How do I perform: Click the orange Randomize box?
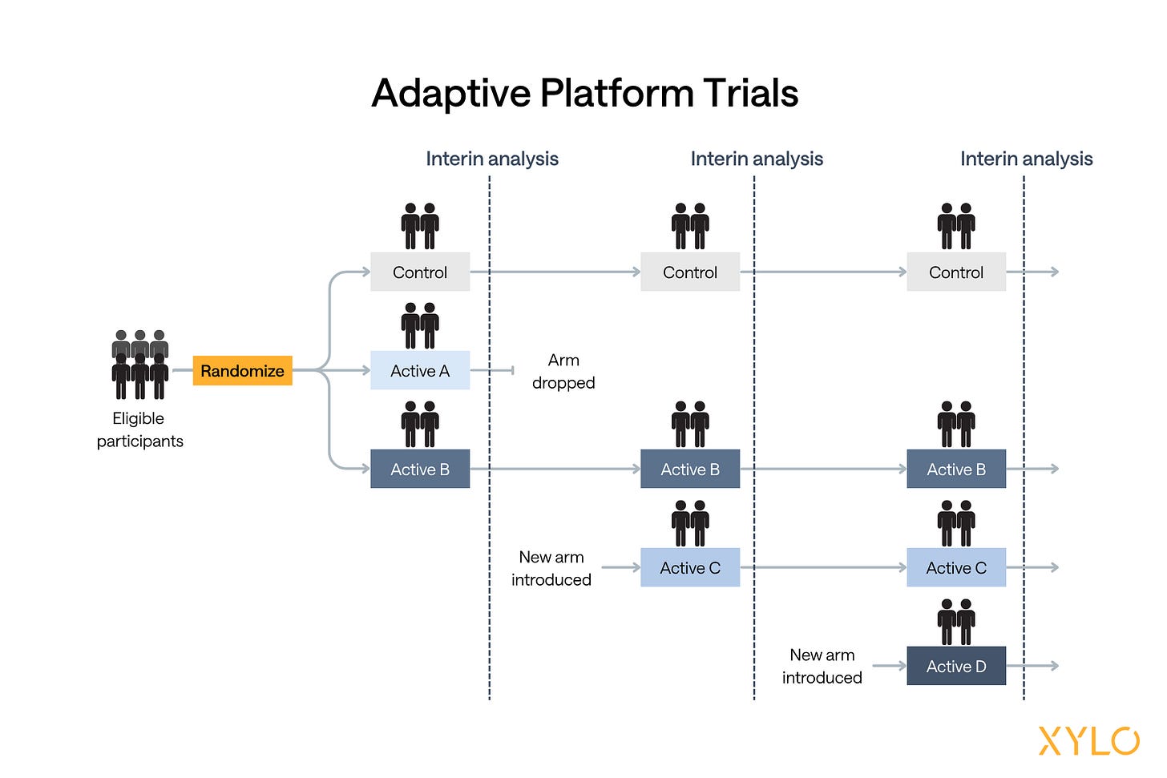(x=242, y=370)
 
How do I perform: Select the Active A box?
(x=420, y=370)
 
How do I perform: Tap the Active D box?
(x=956, y=666)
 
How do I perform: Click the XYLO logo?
(x=1088, y=740)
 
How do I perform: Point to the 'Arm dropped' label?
(x=563, y=371)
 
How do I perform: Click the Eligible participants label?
(x=139, y=429)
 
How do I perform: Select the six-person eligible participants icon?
(x=139, y=365)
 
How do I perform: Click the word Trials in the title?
(x=751, y=93)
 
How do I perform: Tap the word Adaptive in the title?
(x=451, y=93)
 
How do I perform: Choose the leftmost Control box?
(x=420, y=272)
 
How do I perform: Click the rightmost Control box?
(x=956, y=272)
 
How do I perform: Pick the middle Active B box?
(x=690, y=469)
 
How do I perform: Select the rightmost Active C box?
(x=956, y=567)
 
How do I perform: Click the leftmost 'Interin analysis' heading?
(x=492, y=159)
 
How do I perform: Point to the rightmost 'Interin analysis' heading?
(x=1026, y=159)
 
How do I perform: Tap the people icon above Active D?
(x=956, y=622)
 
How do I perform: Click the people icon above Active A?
(x=420, y=325)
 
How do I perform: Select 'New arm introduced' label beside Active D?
(x=822, y=666)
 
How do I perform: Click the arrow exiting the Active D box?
(x=1032, y=666)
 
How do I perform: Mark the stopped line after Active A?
(x=492, y=370)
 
